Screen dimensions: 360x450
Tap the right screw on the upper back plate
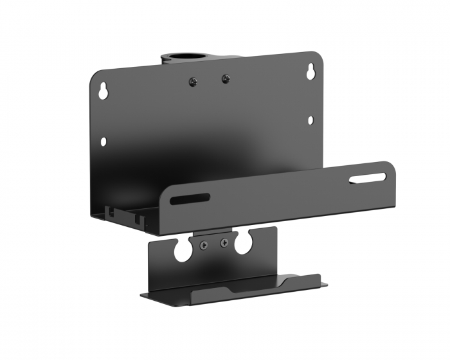[224, 78]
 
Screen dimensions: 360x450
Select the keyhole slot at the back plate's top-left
[102, 91]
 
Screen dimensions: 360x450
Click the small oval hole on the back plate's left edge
[103, 140]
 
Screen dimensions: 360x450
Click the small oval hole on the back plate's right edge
[310, 120]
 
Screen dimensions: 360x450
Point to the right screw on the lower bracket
[224, 242]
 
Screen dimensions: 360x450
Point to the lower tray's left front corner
[144, 296]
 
